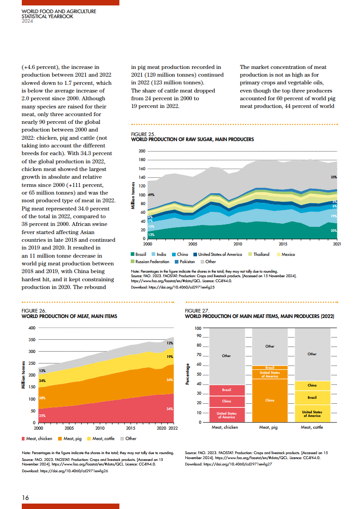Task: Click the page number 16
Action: pyautogui.click(x=25, y=498)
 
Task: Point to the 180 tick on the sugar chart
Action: pyautogui.click(x=142, y=160)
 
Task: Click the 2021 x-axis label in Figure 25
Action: pyautogui.click(x=337, y=244)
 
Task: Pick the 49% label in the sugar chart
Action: pyautogui.click(x=151, y=195)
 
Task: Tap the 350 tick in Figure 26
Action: pyautogui.click(x=32, y=340)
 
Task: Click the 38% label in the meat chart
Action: pyautogui.click(x=42, y=398)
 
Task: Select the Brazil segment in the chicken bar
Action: pyautogui.click(x=227, y=390)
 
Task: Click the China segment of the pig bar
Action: pyautogui.click(x=270, y=400)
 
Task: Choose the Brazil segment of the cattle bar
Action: pyautogui.click(x=312, y=397)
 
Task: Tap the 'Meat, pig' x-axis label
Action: pyautogui.click(x=270, y=428)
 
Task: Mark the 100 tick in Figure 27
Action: pyautogui.click(x=198, y=328)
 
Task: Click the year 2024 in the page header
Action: pyautogui.click(x=28, y=21)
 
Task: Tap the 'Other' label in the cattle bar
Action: pyautogui.click(x=312, y=354)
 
